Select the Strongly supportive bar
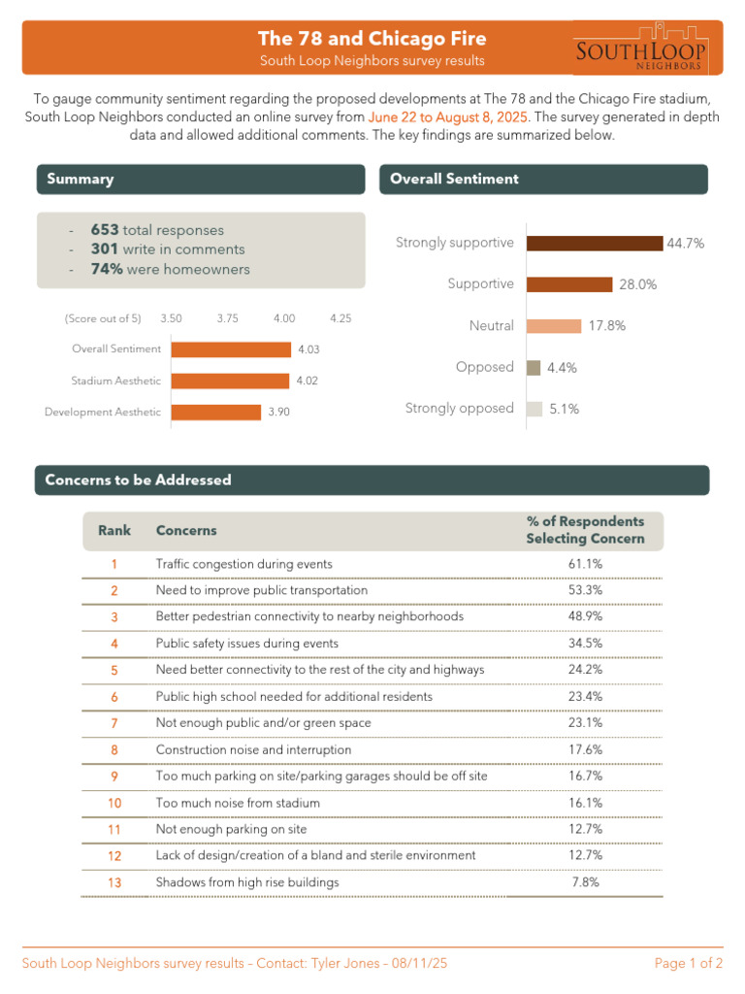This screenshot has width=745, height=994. coord(595,243)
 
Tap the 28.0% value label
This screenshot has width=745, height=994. coord(637,284)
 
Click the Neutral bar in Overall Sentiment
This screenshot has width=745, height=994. coord(554,326)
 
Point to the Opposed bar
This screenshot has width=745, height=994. coord(534,368)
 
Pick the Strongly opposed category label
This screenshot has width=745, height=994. coord(459,409)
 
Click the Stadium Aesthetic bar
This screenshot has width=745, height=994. coord(230,381)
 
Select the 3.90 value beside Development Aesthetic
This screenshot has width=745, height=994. coord(279,413)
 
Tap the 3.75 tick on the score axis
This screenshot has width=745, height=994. coord(229,318)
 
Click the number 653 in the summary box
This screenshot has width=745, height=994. coord(105,230)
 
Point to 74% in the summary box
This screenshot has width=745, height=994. coord(107,269)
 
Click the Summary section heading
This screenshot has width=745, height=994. coord(81,180)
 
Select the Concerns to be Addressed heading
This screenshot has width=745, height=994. coord(138,480)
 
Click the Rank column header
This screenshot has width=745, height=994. coord(113,531)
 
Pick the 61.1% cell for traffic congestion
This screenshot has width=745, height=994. coord(585,564)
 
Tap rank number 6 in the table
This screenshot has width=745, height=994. coord(113,697)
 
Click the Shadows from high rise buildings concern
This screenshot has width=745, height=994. coord(247,882)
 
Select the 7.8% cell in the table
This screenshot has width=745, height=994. coord(585,882)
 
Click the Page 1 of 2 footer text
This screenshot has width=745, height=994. coord(688,964)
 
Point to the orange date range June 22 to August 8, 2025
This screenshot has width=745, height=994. coord(448,117)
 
